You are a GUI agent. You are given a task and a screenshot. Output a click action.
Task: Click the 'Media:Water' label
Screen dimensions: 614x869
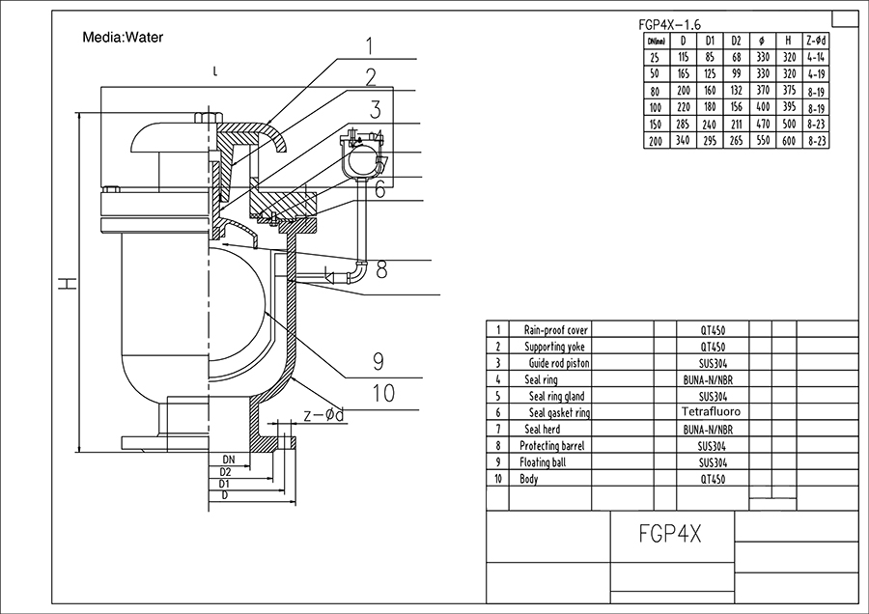pos(123,38)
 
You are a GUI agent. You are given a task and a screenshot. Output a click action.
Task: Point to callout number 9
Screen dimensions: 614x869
pos(378,361)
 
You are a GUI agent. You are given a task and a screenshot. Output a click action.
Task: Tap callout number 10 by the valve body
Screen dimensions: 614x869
pos(383,392)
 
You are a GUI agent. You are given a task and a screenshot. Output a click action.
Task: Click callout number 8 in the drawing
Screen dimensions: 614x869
pos(381,269)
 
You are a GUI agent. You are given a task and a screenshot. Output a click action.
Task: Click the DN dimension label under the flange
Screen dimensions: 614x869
pos(230,459)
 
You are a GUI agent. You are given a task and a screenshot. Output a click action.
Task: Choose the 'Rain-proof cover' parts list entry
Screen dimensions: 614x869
pos(555,330)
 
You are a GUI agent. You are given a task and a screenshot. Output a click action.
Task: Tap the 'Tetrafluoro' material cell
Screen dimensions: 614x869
pos(714,412)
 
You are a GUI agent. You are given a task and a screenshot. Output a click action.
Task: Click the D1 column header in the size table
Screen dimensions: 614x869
pos(710,42)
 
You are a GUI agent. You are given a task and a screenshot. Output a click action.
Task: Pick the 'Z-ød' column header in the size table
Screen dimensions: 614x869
pos(817,42)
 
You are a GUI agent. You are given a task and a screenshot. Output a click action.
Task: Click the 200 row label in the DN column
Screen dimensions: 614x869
pos(657,140)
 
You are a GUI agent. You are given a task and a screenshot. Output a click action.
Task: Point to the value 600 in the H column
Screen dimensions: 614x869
pos(789,140)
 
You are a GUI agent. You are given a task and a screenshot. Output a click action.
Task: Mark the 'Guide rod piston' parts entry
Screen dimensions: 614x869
pos(558,363)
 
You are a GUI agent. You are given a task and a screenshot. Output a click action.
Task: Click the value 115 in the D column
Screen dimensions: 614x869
pos(684,58)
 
